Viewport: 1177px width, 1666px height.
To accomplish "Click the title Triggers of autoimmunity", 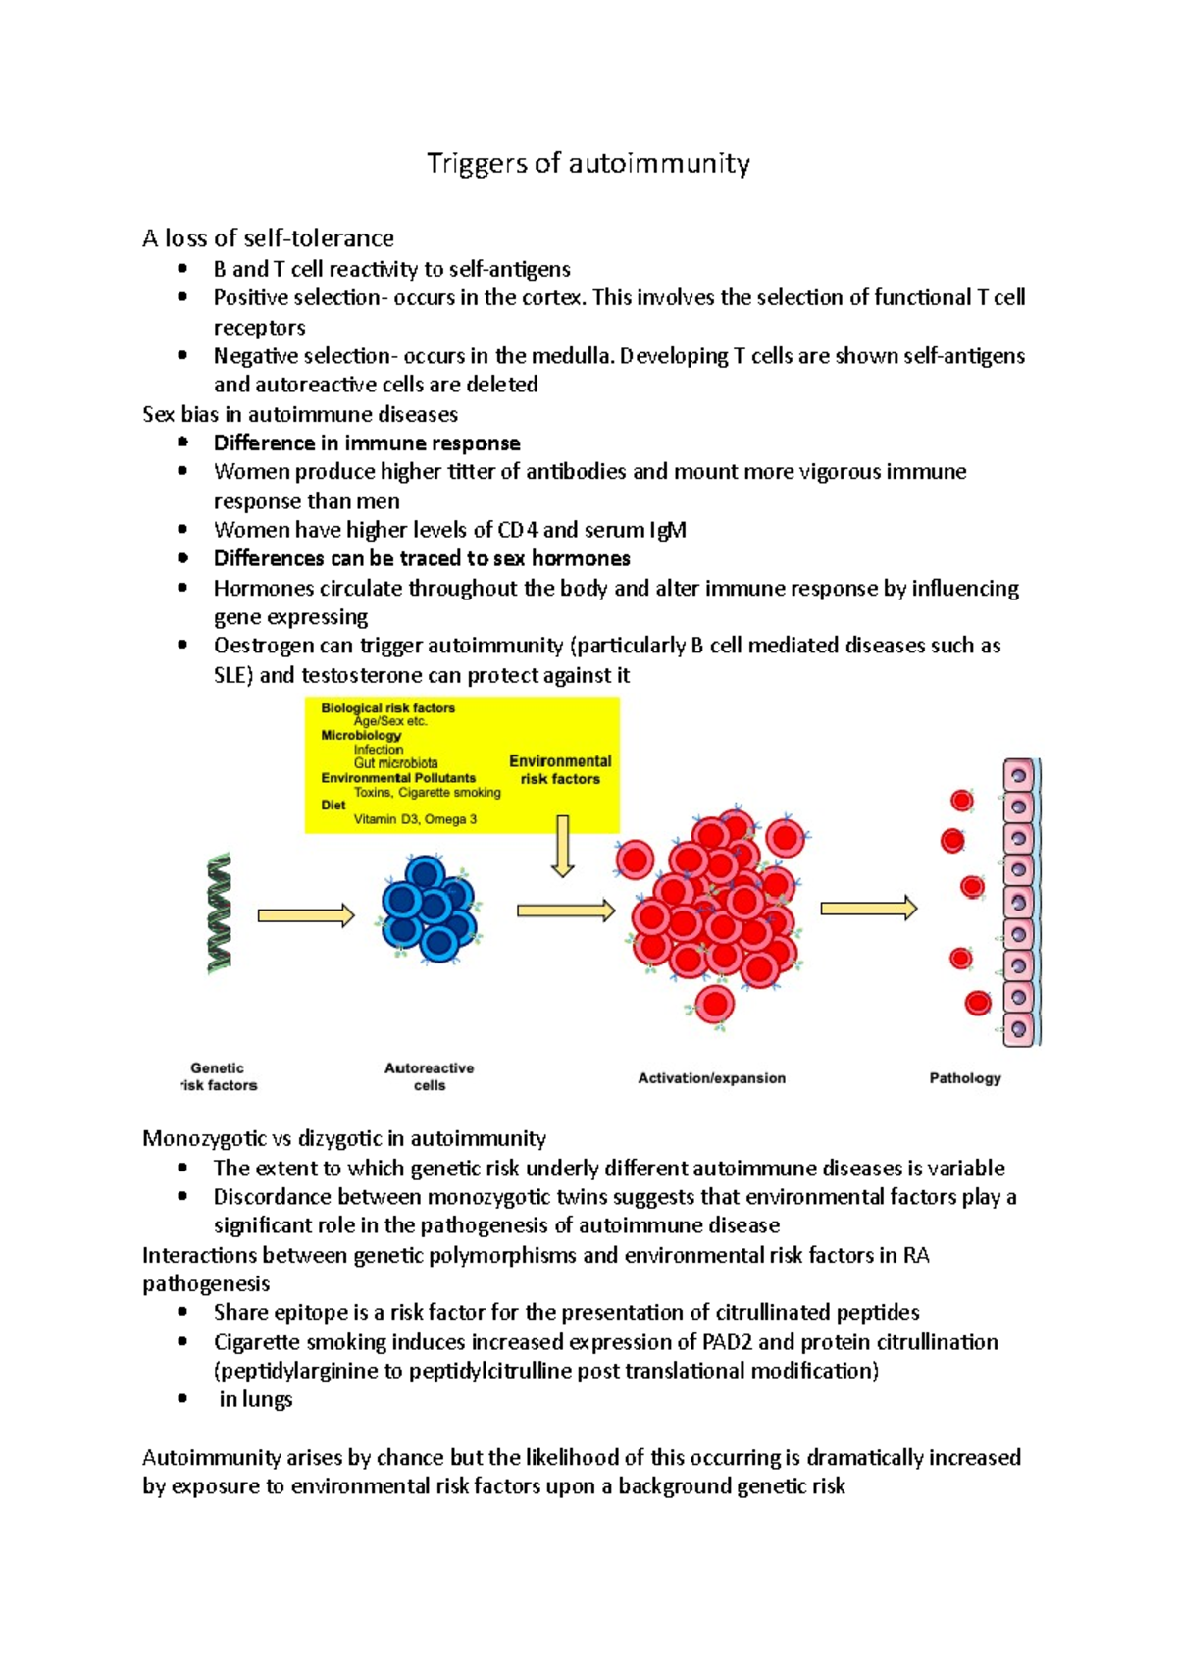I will pyautogui.click(x=588, y=163).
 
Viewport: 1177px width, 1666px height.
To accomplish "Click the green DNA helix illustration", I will pyautogui.click(x=220, y=912).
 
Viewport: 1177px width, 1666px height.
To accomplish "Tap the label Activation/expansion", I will pyautogui.click(x=711, y=1077).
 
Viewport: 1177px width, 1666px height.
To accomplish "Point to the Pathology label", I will pyautogui.click(x=964, y=1077).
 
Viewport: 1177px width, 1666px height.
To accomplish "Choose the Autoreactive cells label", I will pyautogui.click(x=429, y=1076).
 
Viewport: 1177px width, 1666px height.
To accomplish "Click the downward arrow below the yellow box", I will pyautogui.click(x=562, y=845).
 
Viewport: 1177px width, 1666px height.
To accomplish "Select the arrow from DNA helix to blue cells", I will pyautogui.click(x=305, y=915).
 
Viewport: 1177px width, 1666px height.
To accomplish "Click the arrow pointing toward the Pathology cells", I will pyautogui.click(x=868, y=909).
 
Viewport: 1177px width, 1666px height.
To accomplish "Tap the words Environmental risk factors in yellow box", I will pyautogui.click(x=560, y=769).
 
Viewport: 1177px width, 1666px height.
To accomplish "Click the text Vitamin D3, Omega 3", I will pyautogui.click(x=415, y=819).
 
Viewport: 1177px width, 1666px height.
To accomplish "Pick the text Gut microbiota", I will pyautogui.click(x=395, y=762).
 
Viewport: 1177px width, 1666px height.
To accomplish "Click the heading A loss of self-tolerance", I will pyautogui.click(x=268, y=238).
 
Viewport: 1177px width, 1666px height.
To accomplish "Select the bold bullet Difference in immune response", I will pyautogui.click(x=367, y=443).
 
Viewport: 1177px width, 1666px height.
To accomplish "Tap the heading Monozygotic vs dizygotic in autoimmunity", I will pyautogui.click(x=343, y=1138).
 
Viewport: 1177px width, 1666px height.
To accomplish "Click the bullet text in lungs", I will pyautogui.click(x=255, y=1399).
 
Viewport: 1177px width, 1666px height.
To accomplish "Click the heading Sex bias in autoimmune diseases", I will pyautogui.click(x=299, y=414).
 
